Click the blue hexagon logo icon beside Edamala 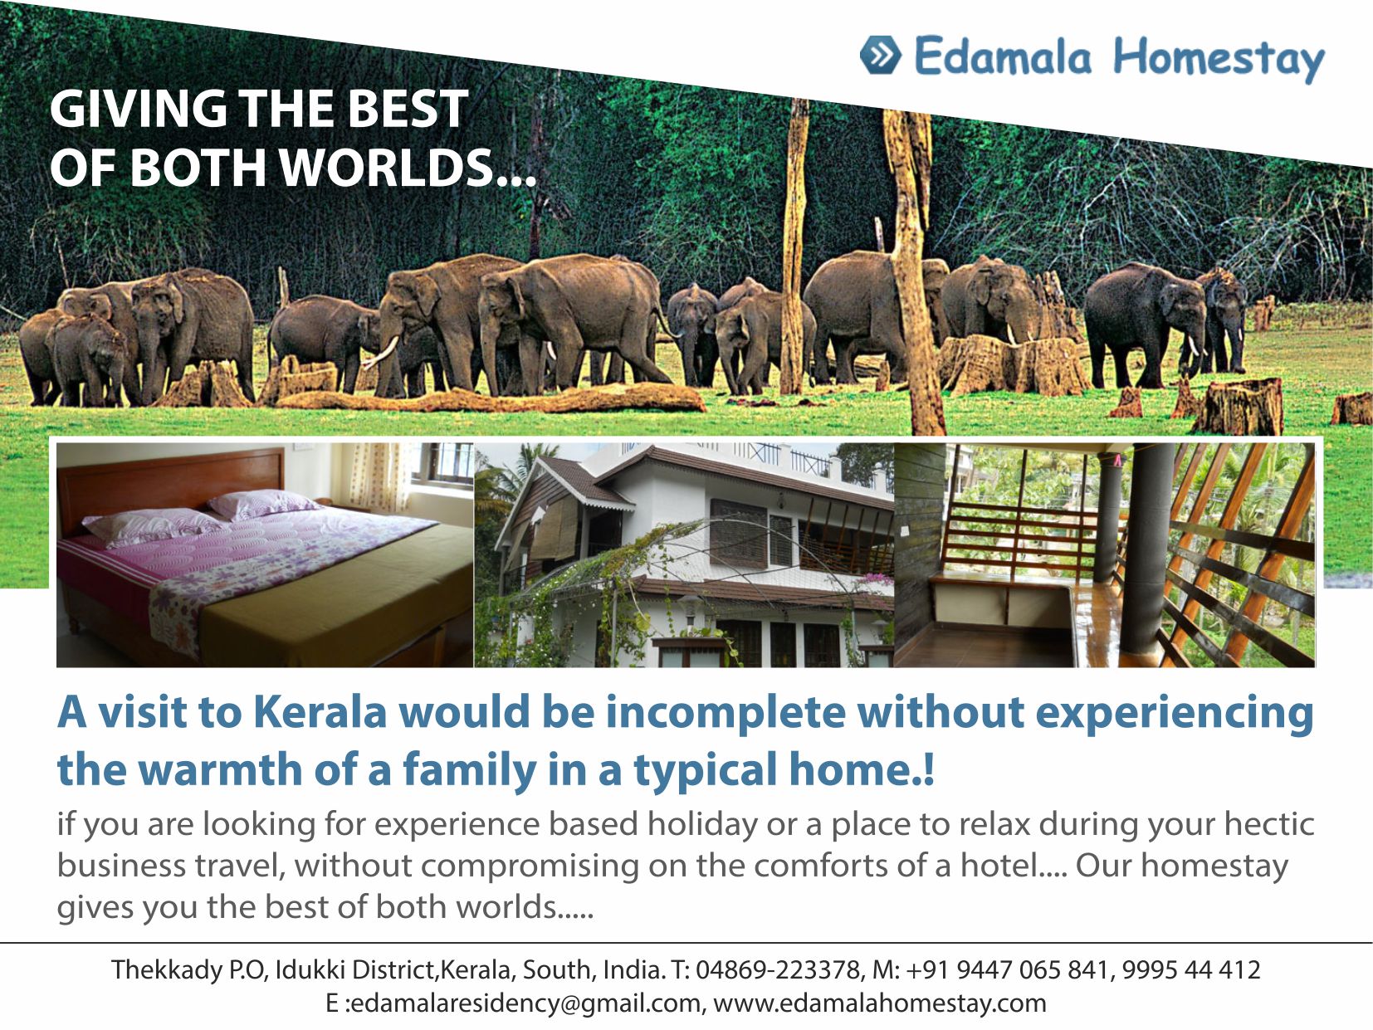881,55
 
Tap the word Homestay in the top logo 1219,58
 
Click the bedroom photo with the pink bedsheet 265,554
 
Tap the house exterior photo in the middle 684,554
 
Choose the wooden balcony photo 1105,554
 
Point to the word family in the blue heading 469,769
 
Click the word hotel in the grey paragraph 997,866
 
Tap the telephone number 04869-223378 778,970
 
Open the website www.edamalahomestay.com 879,1003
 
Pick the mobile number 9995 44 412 1191,970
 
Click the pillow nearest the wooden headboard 257,504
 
